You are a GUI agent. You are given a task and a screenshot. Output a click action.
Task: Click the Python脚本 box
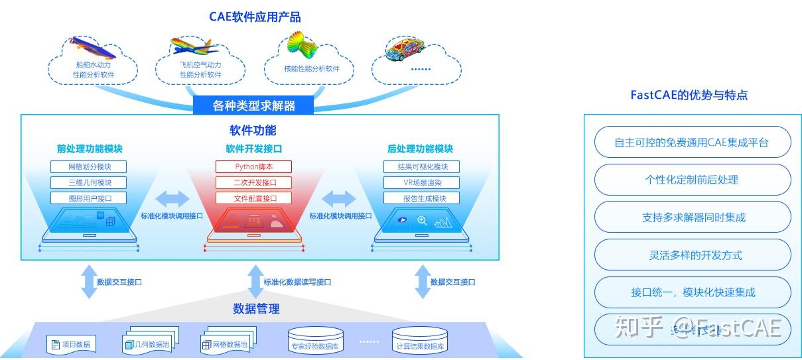[x=253, y=166]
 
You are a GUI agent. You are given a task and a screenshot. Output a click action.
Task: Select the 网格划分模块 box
[x=88, y=166]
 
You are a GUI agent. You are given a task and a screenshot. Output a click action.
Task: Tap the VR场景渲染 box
[x=421, y=182]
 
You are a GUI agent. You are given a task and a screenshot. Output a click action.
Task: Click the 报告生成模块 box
[x=421, y=198]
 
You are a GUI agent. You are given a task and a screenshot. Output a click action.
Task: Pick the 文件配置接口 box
[x=253, y=198]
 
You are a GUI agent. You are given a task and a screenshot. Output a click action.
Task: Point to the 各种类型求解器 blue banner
[x=253, y=105]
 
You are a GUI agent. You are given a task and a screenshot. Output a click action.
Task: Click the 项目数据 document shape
[x=72, y=344]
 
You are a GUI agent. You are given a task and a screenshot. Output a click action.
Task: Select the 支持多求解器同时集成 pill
[x=693, y=217]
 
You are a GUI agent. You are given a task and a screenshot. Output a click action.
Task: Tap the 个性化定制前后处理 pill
[x=693, y=180]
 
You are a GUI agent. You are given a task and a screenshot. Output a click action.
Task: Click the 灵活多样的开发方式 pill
[x=693, y=255]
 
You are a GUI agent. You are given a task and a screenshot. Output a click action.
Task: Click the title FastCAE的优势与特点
[x=689, y=95]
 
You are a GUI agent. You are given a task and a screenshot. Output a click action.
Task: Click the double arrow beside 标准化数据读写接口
[x=255, y=281]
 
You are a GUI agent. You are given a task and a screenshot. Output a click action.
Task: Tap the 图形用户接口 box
[x=88, y=198]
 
